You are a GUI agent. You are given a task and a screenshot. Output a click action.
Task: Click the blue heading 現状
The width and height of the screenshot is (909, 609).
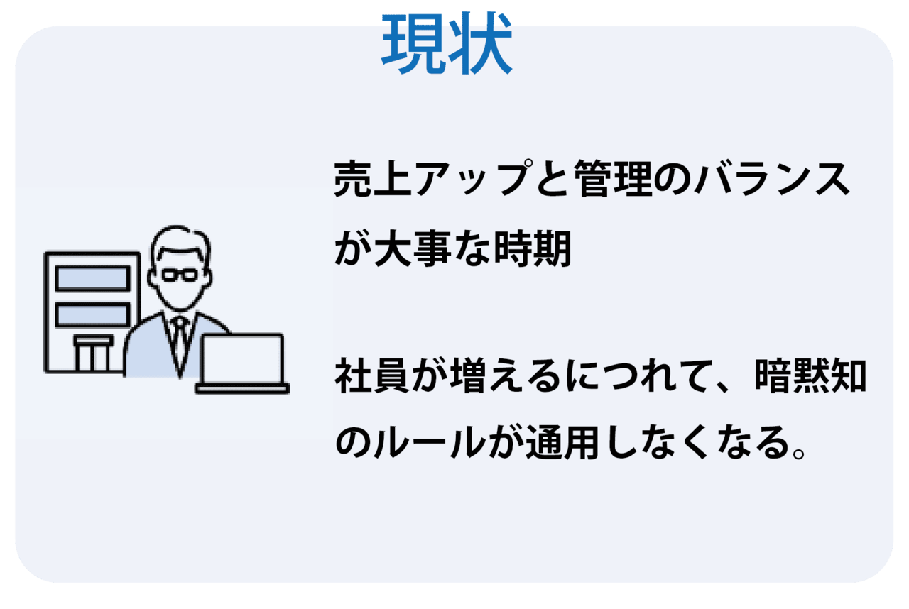tap(447, 43)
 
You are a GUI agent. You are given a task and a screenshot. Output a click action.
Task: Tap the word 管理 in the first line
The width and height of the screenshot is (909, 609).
tap(613, 178)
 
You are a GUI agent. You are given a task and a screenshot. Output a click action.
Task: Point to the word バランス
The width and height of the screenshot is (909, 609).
tap(772, 178)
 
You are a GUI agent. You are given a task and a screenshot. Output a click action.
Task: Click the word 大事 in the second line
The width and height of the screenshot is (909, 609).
tap(413, 248)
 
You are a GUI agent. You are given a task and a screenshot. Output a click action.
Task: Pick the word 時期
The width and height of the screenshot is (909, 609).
tap(533, 248)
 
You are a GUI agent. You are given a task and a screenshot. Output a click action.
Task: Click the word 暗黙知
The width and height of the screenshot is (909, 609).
tap(810, 375)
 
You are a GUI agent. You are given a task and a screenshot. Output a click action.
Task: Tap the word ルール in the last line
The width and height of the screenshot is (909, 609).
tap(430, 442)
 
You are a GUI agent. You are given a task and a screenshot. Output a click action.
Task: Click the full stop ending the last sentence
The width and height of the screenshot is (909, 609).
tap(799, 453)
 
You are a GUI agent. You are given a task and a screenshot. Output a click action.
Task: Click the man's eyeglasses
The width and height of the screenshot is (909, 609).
tap(180, 275)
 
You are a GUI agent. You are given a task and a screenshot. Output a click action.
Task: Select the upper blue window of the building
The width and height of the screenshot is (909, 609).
tap(92, 278)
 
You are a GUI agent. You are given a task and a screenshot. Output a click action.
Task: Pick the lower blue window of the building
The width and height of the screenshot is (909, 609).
tap(92, 314)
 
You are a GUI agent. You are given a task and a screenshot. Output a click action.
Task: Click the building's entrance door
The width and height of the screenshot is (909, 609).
tap(93, 353)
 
